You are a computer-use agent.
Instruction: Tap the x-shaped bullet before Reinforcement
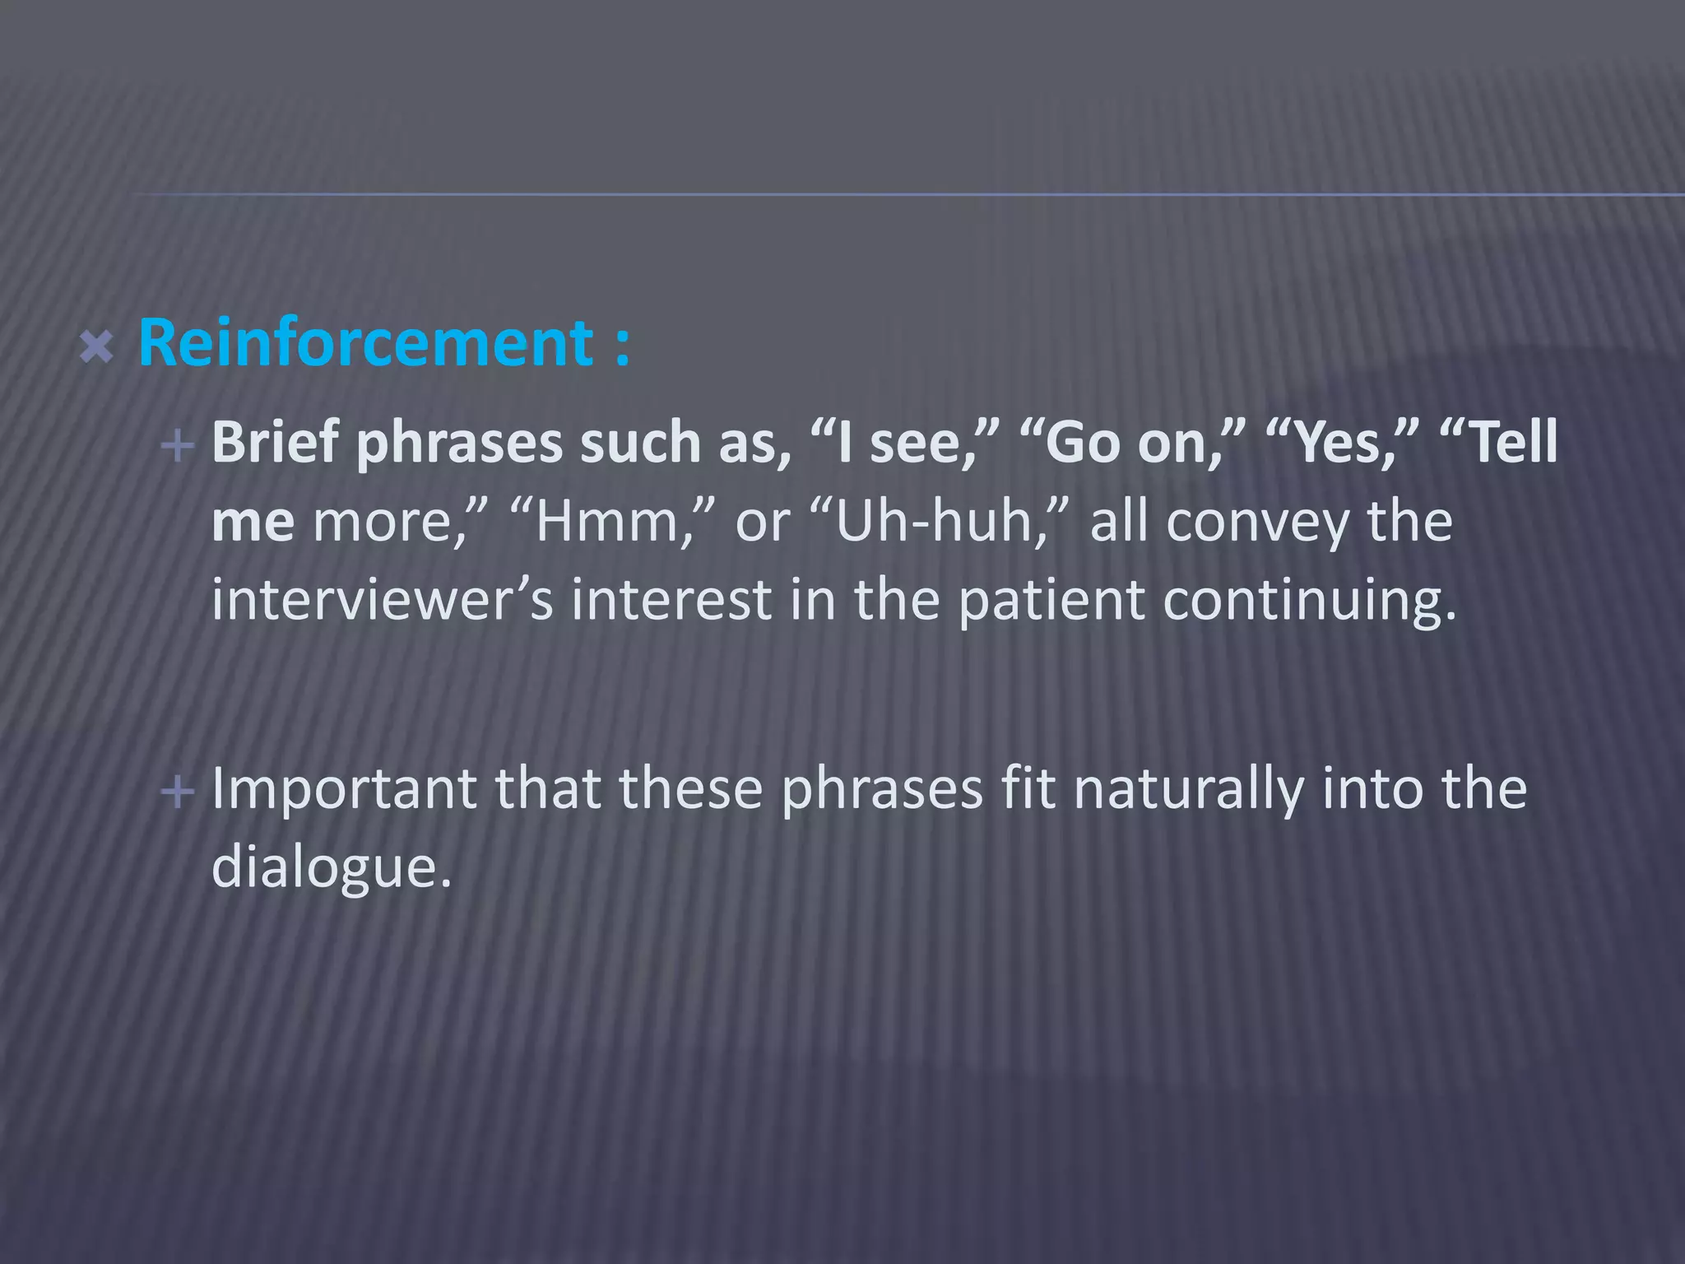click(97, 347)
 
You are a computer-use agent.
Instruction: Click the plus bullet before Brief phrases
click(178, 446)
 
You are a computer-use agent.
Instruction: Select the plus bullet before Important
click(178, 792)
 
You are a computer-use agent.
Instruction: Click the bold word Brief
click(275, 443)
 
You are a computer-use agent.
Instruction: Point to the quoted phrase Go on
click(1132, 443)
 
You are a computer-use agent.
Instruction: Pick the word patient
click(1051, 599)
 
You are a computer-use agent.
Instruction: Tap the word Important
click(344, 788)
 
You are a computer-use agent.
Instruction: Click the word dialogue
click(332, 867)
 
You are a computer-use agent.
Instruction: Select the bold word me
click(253, 522)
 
